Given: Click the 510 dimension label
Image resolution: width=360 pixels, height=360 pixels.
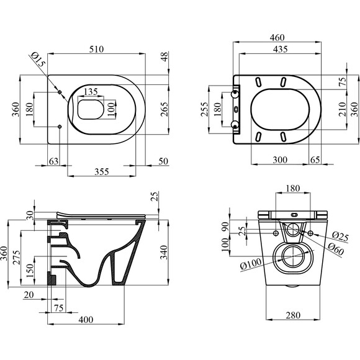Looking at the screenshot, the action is point(96,49).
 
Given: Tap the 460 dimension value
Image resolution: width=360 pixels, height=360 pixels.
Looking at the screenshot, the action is point(277,37).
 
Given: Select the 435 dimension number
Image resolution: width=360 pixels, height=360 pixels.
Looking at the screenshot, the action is point(281,49).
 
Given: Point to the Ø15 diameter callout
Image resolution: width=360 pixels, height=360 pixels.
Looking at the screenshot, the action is point(38,60).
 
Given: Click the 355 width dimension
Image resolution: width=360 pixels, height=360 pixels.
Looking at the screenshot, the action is point(102,171).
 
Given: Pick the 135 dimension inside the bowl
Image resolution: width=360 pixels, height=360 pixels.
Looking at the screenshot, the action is point(91,92).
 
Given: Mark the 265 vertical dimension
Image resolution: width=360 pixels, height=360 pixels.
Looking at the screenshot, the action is point(164,109).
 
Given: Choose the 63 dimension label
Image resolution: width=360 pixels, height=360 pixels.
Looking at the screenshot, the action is point(54,161).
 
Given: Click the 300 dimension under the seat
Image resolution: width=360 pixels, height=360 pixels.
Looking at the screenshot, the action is point(280,160).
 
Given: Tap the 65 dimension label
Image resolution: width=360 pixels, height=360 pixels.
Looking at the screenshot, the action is point(315,160).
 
